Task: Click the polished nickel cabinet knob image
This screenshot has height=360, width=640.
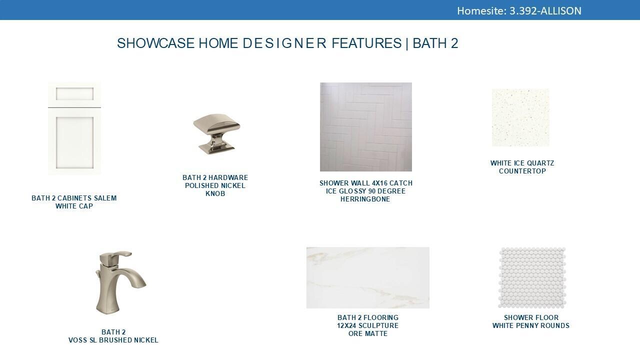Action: pos(216,133)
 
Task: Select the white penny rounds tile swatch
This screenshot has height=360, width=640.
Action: pos(532,277)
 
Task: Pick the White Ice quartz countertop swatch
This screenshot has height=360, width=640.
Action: pos(520,117)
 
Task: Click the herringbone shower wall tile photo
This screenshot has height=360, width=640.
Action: pos(366,127)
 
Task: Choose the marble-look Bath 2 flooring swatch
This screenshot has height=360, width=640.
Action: pos(367,277)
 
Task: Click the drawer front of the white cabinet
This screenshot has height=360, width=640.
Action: pos(74,94)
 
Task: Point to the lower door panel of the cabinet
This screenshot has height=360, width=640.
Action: pos(74,142)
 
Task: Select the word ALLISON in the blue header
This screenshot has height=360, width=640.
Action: pos(561,11)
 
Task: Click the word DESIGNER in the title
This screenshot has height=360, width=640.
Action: pos(284,43)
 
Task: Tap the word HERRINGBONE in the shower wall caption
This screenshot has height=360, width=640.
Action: pos(365,199)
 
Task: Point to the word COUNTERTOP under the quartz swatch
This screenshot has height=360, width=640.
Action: pos(522,171)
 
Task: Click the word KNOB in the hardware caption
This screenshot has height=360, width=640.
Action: pos(215,193)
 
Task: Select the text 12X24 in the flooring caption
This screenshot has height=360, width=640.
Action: pos(346,325)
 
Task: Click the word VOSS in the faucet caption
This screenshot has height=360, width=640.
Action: pos(77,340)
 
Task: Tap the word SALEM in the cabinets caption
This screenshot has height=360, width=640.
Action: pos(105,198)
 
